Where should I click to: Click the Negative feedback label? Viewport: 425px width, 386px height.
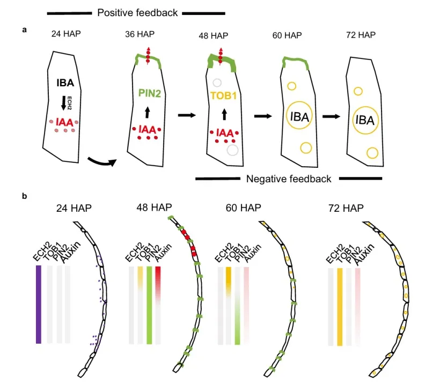(289, 179)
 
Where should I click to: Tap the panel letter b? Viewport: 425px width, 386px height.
(25, 196)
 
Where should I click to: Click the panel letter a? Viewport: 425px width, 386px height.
(25, 30)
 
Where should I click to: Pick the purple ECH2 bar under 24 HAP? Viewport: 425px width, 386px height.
(38, 304)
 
